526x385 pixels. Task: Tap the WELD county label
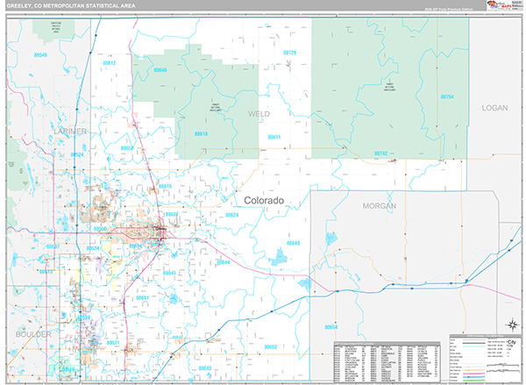coord(259,114)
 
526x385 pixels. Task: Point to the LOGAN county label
coord(494,107)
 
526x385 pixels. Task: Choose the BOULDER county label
coord(33,335)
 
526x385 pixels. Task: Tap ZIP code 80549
coord(41,54)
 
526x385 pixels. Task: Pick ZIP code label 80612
coord(110,63)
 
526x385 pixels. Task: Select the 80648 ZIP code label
coord(160,69)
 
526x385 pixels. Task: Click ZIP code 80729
coord(289,53)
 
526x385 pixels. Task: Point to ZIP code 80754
coord(447,96)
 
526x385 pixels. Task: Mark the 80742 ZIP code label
coord(380,153)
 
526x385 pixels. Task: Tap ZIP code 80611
coord(274,137)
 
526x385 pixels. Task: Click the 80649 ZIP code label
coord(293,243)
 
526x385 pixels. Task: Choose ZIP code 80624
coord(231,215)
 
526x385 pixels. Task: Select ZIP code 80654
coord(331,326)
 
